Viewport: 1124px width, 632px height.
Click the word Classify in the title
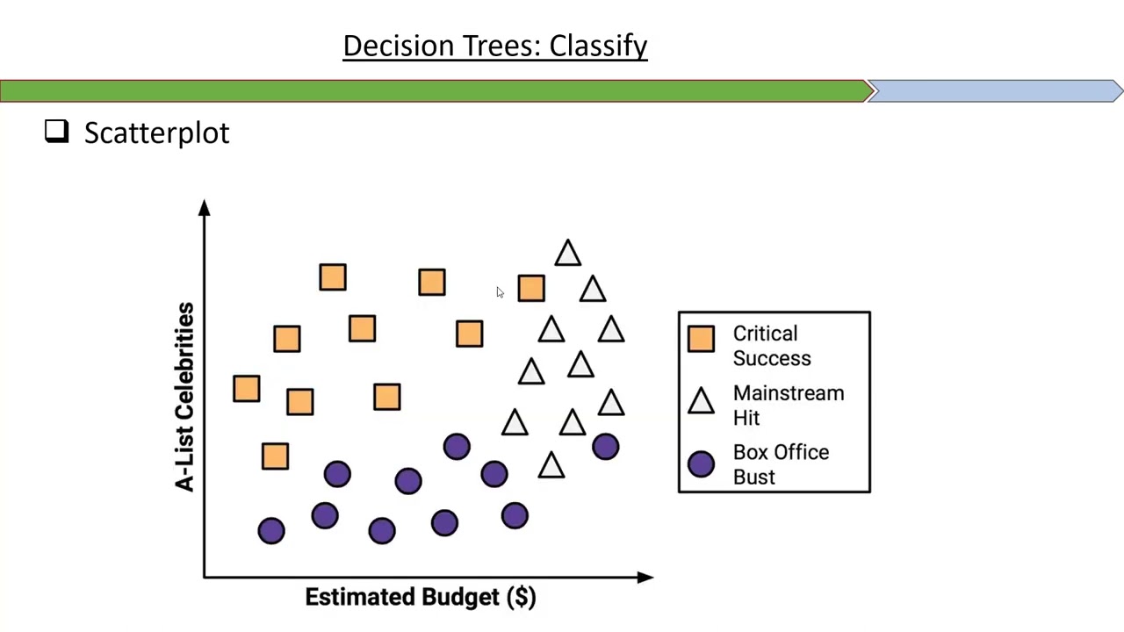[598, 47]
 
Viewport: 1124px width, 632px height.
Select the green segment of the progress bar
[435, 91]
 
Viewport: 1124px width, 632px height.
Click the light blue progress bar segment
[994, 91]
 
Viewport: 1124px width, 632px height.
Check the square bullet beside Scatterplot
[57, 132]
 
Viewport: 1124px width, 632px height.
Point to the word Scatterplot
[156, 133]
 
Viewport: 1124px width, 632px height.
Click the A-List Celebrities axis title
[184, 397]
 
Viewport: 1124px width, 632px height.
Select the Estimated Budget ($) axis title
[420, 598]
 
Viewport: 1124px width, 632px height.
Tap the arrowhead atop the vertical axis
[205, 208]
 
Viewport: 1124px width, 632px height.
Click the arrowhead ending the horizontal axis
[645, 577]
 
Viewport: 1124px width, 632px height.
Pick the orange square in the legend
[701, 339]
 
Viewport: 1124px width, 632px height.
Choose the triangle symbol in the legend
[701, 402]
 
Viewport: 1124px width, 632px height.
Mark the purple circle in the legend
[701, 464]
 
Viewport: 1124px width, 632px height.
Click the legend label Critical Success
[771, 346]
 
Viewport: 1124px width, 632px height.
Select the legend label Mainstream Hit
[788, 406]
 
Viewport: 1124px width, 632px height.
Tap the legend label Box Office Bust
[780, 464]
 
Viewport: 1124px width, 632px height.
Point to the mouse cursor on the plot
[500, 292]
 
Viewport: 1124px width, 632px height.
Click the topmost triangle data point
[567, 254]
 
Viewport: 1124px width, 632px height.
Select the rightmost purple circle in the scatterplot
[605, 447]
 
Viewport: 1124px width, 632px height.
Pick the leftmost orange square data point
[247, 389]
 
